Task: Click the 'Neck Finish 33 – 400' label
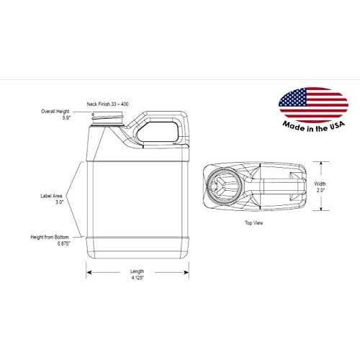click(x=107, y=104)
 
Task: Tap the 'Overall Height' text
click(x=55, y=112)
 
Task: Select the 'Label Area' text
click(x=51, y=196)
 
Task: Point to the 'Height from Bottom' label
click(x=50, y=237)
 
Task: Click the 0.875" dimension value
click(x=63, y=243)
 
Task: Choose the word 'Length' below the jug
click(x=137, y=271)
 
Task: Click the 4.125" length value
click(x=138, y=278)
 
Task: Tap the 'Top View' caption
click(x=253, y=222)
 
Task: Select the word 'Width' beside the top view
click(x=320, y=184)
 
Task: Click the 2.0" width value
click(x=320, y=190)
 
